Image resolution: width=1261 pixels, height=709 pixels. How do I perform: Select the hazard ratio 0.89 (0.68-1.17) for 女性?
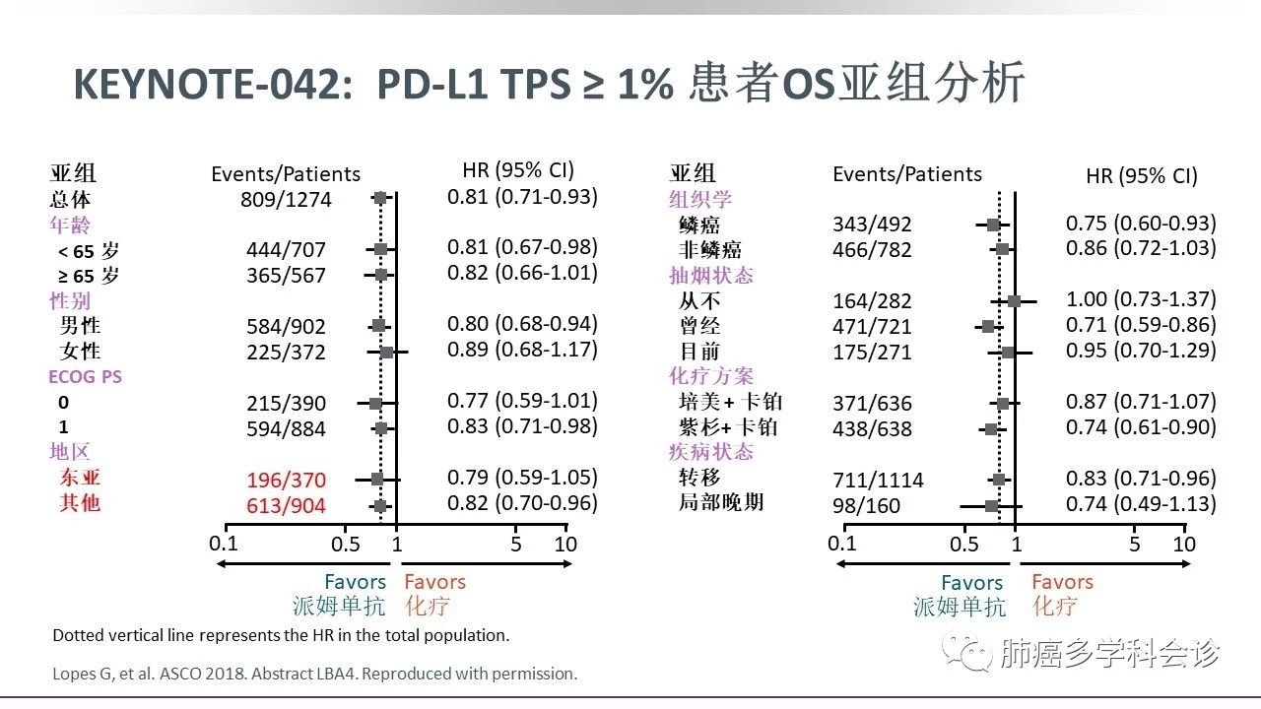pos(522,350)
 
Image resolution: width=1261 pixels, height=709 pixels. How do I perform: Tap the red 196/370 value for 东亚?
pos(286,481)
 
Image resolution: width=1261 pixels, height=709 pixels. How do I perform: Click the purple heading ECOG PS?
pos(85,376)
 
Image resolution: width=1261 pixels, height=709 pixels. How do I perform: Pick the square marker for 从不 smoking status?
pos(1014,300)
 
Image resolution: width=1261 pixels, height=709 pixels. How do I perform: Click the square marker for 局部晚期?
pos(992,505)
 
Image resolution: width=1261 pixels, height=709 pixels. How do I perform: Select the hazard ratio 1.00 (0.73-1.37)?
pos(1141,299)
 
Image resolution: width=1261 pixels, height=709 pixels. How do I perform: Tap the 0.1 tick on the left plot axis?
pos(224,544)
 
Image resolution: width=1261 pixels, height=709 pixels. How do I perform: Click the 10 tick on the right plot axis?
pos(1184,544)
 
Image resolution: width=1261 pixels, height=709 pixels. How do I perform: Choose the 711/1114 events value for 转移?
pos(878,481)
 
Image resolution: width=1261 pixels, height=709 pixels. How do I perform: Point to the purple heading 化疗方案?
pos(711,375)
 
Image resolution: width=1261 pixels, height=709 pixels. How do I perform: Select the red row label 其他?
pos(80,503)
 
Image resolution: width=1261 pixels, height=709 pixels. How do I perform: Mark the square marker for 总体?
pos(380,199)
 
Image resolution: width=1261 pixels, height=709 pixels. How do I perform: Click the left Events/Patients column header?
pos(286,174)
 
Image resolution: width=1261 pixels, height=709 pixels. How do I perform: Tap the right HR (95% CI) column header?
pos(1141,176)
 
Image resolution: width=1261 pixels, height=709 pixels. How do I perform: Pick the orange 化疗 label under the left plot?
pos(426,606)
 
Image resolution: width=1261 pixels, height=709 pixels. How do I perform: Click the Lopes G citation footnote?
pos(314,675)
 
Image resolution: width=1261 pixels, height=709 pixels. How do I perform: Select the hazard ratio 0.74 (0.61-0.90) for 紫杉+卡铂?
pos(1141,427)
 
